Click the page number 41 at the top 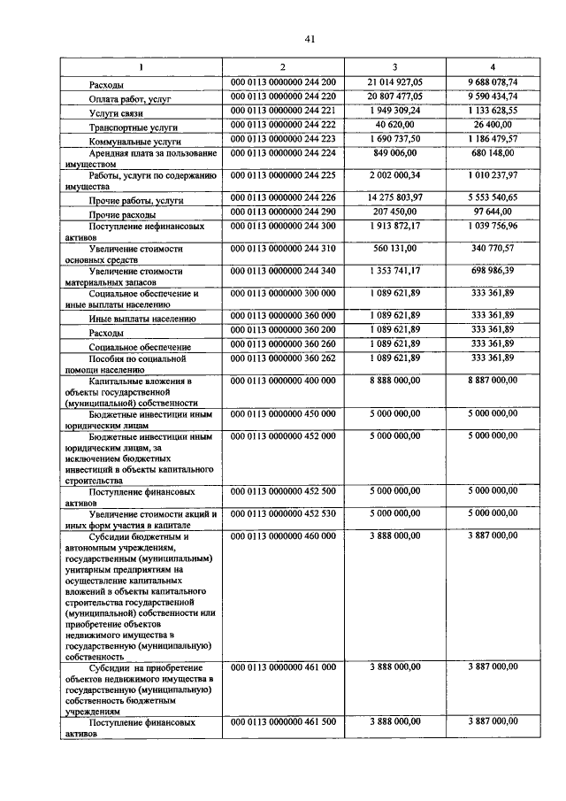[x=283, y=38]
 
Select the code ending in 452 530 [x=283, y=513]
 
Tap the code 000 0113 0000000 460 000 [x=283, y=535]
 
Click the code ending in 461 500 [x=283, y=722]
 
